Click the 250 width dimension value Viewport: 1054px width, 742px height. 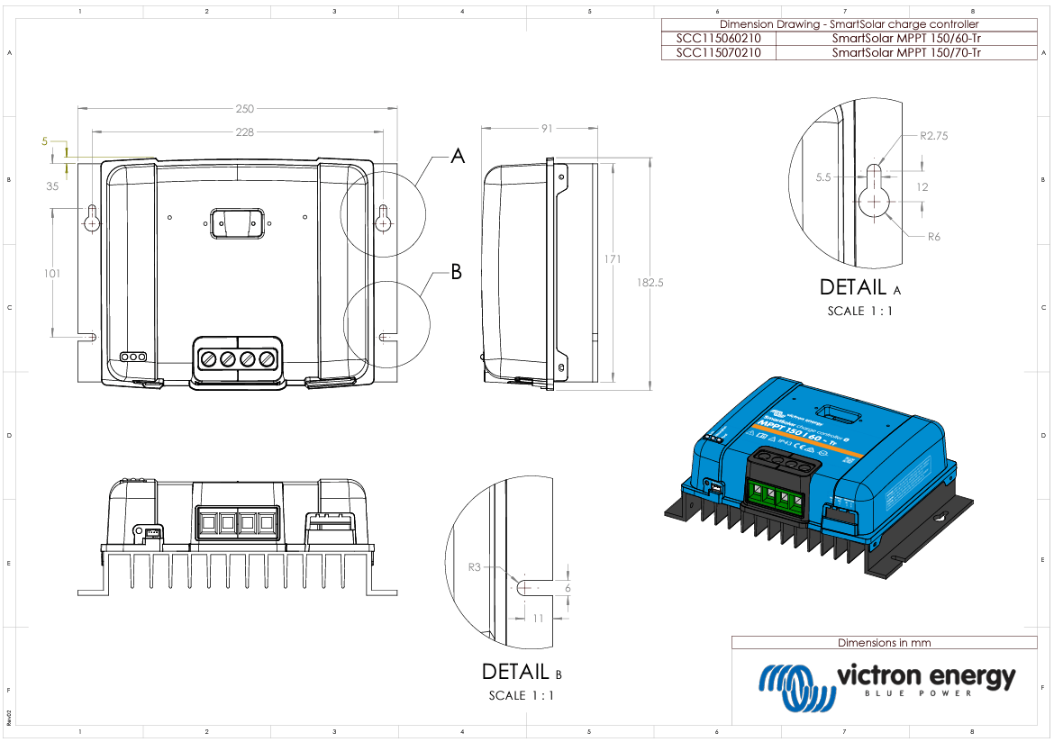pyautogui.click(x=244, y=109)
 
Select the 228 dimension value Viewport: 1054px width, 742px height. pyautogui.click(x=244, y=131)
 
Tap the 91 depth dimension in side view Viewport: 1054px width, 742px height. pyautogui.click(x=547, y=129)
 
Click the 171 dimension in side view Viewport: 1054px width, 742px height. pyautogui.click(x=613, y=259)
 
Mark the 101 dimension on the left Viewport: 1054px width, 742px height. pyautogui.click(x=52, y=273)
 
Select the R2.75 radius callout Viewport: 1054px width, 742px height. pyautogui.click(x=934, y=136)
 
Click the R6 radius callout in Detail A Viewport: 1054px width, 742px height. pyautogui.click(x=933, y=236)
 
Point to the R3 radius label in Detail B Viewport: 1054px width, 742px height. pyautogui.click(x=475, y=567)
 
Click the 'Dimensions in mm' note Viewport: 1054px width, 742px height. pyautogui.click(x=884, y=643)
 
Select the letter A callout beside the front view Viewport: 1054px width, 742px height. pyautogui.click(x=458, y=157)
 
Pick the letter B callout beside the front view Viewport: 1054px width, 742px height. pyautogui.click(x=457, y=272)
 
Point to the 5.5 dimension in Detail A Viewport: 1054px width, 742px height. pyautogui.click(x=823, y=177)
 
